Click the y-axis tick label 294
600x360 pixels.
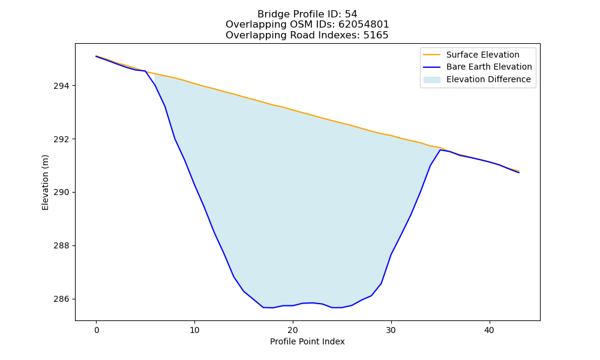tap(62, 86)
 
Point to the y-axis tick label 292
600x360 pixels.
tap(62, 139)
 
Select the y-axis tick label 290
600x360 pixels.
tap(62, 192)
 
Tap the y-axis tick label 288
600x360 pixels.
tap(62, 245)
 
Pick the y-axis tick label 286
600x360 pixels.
tap(62, 299)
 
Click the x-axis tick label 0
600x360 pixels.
tap(97, 330)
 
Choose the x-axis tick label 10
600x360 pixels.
tap(195, 330)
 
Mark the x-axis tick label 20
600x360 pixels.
tap(293, 330)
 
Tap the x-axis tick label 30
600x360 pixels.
tap(391, 330)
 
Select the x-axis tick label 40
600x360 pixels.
tap(490, 330)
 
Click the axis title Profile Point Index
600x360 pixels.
tap(307, 341)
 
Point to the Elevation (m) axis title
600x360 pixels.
tap(45, 182)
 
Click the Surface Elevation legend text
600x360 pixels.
tap(483, 55)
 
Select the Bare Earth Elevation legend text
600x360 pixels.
tap(489, 67)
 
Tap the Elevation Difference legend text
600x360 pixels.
tap(488, 79)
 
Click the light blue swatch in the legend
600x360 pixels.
tap(431, 80)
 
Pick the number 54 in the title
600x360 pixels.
tap(351, 14)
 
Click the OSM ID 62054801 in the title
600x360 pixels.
tap(364, 25)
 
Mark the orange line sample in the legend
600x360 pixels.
tap(431, 55)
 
